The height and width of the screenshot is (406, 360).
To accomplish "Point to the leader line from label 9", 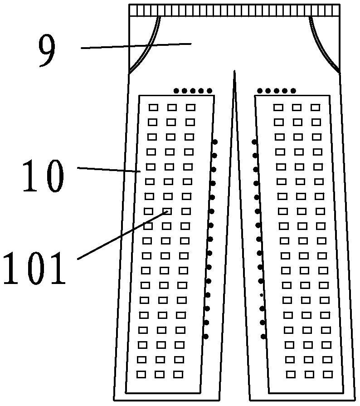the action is (136, 45).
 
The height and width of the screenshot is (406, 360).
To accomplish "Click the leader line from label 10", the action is (109, 170).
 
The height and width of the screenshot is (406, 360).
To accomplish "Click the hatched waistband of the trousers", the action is (234, 10).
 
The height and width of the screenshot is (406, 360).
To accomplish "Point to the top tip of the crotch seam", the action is (234, 72).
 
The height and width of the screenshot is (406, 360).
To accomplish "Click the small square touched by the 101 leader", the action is (167, 211).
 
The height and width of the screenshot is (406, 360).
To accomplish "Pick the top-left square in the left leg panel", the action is (153, 108).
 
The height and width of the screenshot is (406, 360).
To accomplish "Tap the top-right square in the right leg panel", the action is (315, 108).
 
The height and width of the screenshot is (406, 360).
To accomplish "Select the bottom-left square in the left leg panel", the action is (141, 374).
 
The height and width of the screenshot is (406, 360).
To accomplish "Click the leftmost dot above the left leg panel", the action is (176, 91).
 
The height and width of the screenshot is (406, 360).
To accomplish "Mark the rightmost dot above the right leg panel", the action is (293, 91).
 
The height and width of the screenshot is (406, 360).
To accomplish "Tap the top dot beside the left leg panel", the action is (214, 142).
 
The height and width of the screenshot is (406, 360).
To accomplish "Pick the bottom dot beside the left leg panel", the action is (206, 336).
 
